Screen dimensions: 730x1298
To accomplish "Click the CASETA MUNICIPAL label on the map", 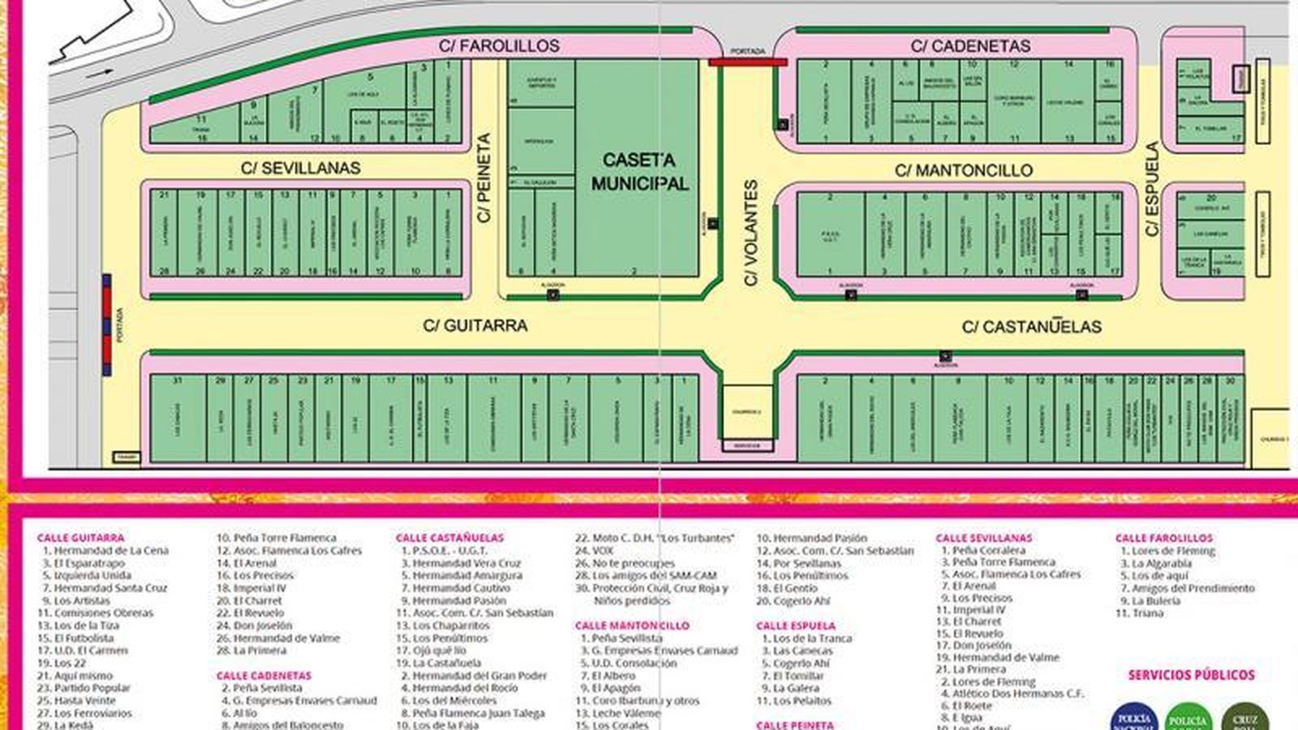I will pos(639,171).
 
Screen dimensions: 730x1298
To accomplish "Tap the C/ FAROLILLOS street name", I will pos(499,46).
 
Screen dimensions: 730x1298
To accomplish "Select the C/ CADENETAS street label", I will pos(970,46).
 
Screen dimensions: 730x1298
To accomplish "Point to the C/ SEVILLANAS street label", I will pos(300,169).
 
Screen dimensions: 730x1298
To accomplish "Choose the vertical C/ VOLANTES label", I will pos(750,233).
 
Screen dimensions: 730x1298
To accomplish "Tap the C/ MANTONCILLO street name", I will pos(963,170).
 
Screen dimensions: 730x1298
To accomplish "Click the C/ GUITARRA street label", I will pos(475,325).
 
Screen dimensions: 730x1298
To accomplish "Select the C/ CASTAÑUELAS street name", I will pos(1031,327).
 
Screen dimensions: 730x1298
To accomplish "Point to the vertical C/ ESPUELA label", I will pos(1152,189).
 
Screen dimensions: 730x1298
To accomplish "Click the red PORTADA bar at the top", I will pos(747,61).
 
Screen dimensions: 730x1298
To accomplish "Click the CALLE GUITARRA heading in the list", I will pos(80,538).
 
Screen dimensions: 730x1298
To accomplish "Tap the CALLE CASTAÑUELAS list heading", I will pos(449,538).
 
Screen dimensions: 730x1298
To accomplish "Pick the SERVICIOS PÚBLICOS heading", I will pos(1191,675).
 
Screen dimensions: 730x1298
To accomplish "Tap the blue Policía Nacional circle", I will pos(1133,718).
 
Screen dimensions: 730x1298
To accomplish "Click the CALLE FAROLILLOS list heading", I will pos(1163,538).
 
